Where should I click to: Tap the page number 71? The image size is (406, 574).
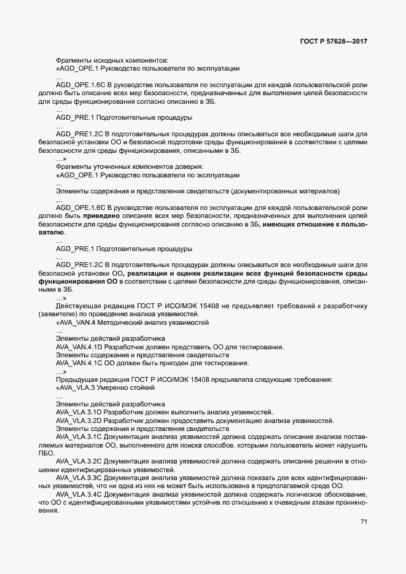(364, 522)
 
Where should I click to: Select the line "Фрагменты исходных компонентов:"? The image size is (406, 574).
(112, 60)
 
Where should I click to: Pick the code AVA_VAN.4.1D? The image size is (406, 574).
(78, 347)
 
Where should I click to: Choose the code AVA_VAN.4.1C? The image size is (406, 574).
(78, 363)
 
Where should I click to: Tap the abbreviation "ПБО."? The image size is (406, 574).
(46, 452)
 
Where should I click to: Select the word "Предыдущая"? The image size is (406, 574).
(76, 380)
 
